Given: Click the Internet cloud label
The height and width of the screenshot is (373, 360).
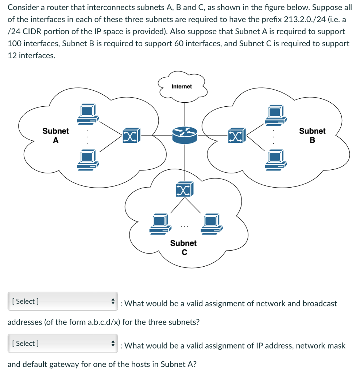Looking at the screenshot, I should (181, 86).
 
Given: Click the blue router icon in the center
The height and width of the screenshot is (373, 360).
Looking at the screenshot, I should (185, 136).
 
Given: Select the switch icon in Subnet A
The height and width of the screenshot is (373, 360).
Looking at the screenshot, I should (131, 136).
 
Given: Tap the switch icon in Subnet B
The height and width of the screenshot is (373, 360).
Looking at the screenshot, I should (237, 136).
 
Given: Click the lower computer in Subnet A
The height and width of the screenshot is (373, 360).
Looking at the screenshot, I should (88, 160).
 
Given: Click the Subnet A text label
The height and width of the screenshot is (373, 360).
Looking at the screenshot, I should (55, 135).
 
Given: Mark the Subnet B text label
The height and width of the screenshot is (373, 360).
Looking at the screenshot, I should (312, 135).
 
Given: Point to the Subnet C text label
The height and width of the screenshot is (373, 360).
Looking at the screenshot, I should (183, 247).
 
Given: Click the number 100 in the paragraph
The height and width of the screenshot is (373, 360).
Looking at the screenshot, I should (15, 43).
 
